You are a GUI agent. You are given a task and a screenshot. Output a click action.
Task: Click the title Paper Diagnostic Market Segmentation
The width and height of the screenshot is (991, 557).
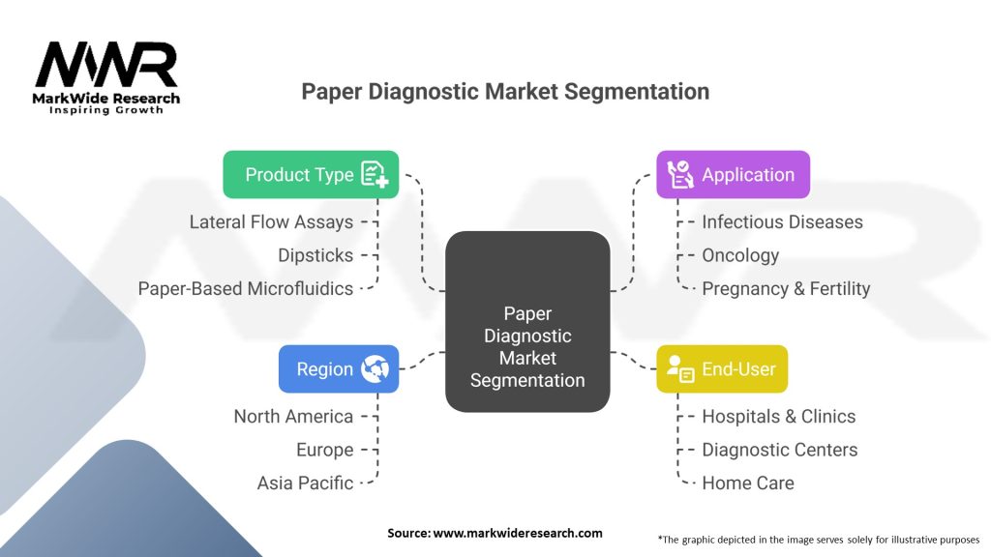pos(505,92)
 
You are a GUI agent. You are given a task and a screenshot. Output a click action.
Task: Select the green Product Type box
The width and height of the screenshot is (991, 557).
pos(310,174)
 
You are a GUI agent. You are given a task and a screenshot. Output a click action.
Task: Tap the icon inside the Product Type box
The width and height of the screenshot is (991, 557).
pos(375,174)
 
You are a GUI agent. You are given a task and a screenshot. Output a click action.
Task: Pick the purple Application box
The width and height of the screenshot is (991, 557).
pos(733,175)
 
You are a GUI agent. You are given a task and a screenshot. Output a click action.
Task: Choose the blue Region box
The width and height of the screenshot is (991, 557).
pos(338,369)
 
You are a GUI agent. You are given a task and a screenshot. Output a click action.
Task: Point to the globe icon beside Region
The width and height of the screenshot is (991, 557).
pos(375,369)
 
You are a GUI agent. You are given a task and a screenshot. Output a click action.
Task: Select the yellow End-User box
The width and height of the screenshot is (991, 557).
pos(721,369)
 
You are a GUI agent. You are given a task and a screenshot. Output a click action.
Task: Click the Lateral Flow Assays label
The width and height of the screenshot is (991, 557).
pos(271,222)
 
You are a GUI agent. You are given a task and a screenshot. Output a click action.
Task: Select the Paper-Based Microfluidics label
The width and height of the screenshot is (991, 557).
pos(246,288)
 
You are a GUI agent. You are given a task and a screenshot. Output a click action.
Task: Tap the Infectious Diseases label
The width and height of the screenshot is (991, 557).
pos(782,222)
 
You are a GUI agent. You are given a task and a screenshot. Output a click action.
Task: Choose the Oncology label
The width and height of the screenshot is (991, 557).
pos(740,255)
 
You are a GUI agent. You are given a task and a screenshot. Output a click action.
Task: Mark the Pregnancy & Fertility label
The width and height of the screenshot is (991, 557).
pos(786,288)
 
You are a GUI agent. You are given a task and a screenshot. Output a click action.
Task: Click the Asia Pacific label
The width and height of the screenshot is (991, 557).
pos(305,483)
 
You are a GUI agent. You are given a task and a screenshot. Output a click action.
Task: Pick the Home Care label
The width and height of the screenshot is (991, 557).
pos(748,483)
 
